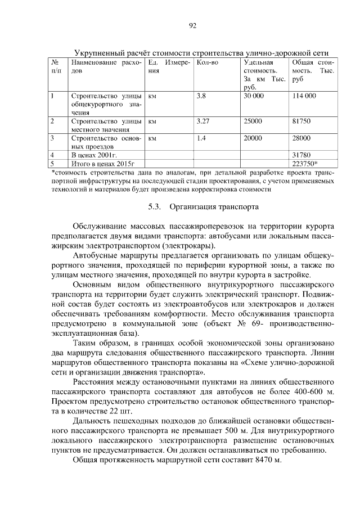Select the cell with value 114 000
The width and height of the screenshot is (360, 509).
click(x=304, y=96)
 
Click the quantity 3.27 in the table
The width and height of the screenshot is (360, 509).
click(x=203, y=121)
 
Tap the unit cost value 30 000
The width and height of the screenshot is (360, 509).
click(x=254, y=96)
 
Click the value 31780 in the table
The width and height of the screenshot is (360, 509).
click(x=302, y=154)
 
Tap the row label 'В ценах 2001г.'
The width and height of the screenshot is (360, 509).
click(x=93, y=154)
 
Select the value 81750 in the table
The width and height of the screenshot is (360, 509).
click(x=301, y=121)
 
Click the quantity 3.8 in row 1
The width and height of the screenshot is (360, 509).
click(x=201, y=96)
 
